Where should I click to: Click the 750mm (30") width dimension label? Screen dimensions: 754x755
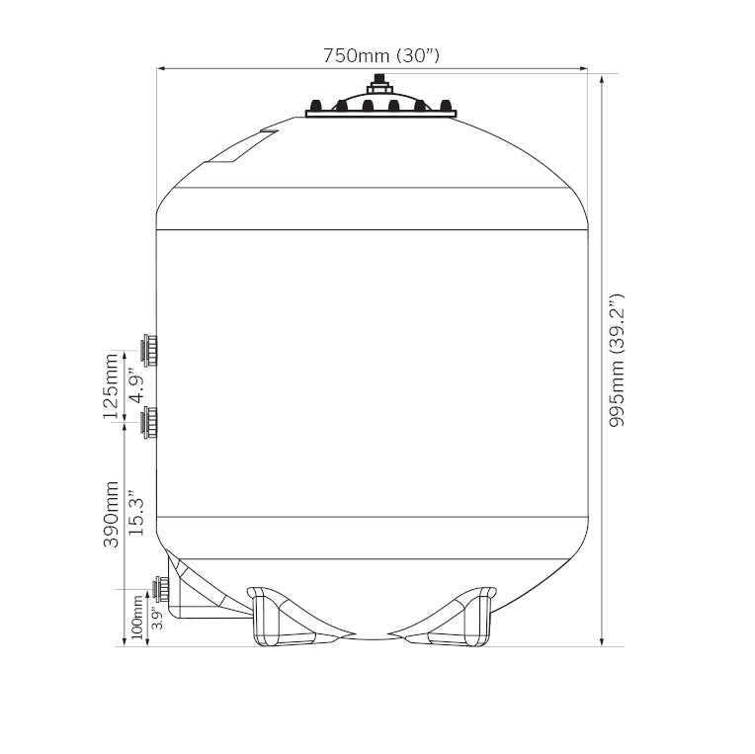380,55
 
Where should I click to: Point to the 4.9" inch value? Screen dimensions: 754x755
135,386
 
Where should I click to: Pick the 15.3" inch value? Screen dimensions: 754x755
135,515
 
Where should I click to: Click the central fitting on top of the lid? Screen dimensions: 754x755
380,84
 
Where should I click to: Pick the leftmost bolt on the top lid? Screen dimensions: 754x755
316,104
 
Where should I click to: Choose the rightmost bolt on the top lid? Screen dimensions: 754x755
446,104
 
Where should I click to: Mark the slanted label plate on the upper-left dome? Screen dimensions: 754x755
242,147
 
